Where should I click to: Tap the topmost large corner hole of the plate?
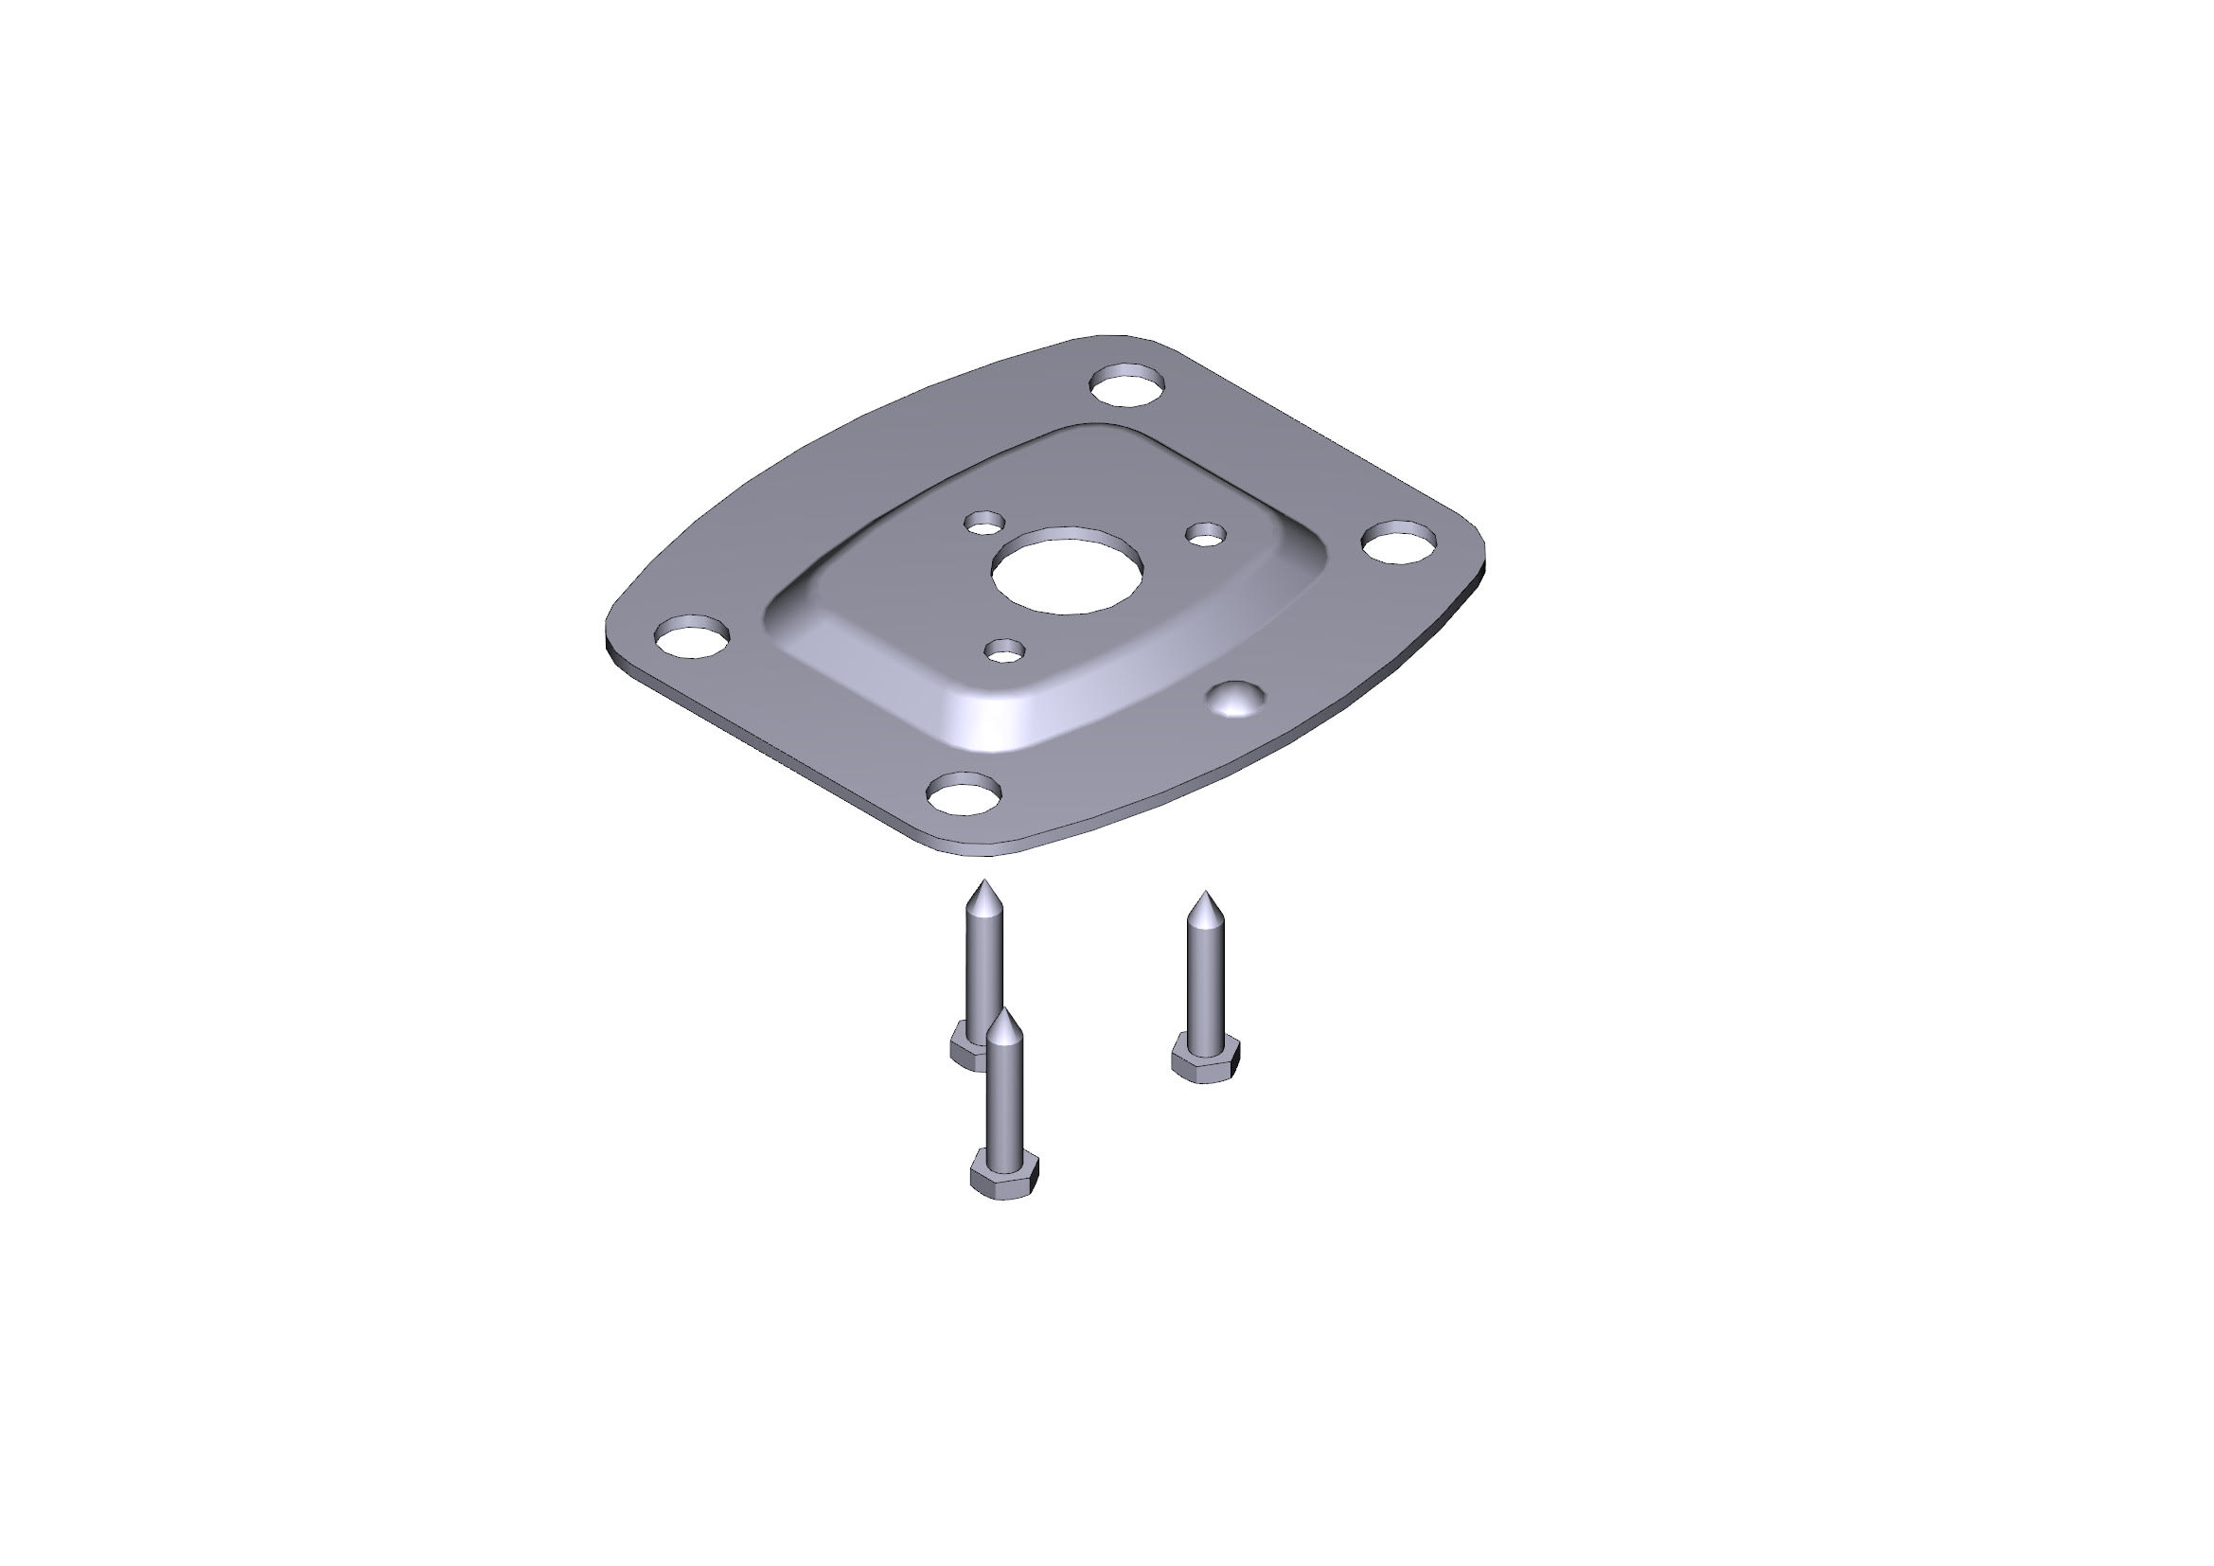[x=1126, y=385]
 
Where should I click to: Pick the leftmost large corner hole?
[x=690, y=636]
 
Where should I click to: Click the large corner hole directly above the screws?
[x=963, y=795]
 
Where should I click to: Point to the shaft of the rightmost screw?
[x=1204, y=984]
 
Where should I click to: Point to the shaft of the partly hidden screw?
[x=983, y=964]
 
